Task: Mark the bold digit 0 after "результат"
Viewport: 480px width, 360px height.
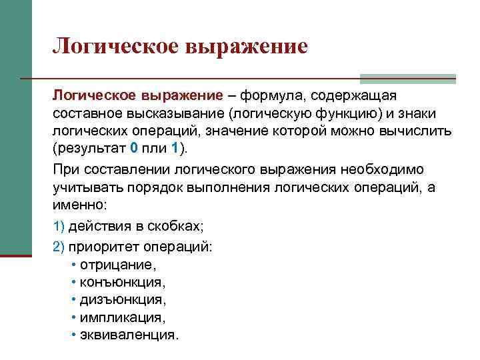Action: pos(134,147)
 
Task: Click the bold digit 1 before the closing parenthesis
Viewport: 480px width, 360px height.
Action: pos(174,147)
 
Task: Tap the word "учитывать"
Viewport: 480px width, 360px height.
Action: pos(86,187)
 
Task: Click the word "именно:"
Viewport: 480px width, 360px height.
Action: pos(79,204)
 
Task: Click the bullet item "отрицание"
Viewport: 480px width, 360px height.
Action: pos(117,265)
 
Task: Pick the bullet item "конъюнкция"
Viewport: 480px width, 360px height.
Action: pos(122,282)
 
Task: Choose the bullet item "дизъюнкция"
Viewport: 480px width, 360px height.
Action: pos(122,299)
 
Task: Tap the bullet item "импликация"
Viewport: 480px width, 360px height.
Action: pos(121,317)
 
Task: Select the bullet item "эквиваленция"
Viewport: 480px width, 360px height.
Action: pos(129,334)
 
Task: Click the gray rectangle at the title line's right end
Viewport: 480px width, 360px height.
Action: pos(407,78)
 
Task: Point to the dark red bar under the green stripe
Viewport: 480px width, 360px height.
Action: pos(16,254)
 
